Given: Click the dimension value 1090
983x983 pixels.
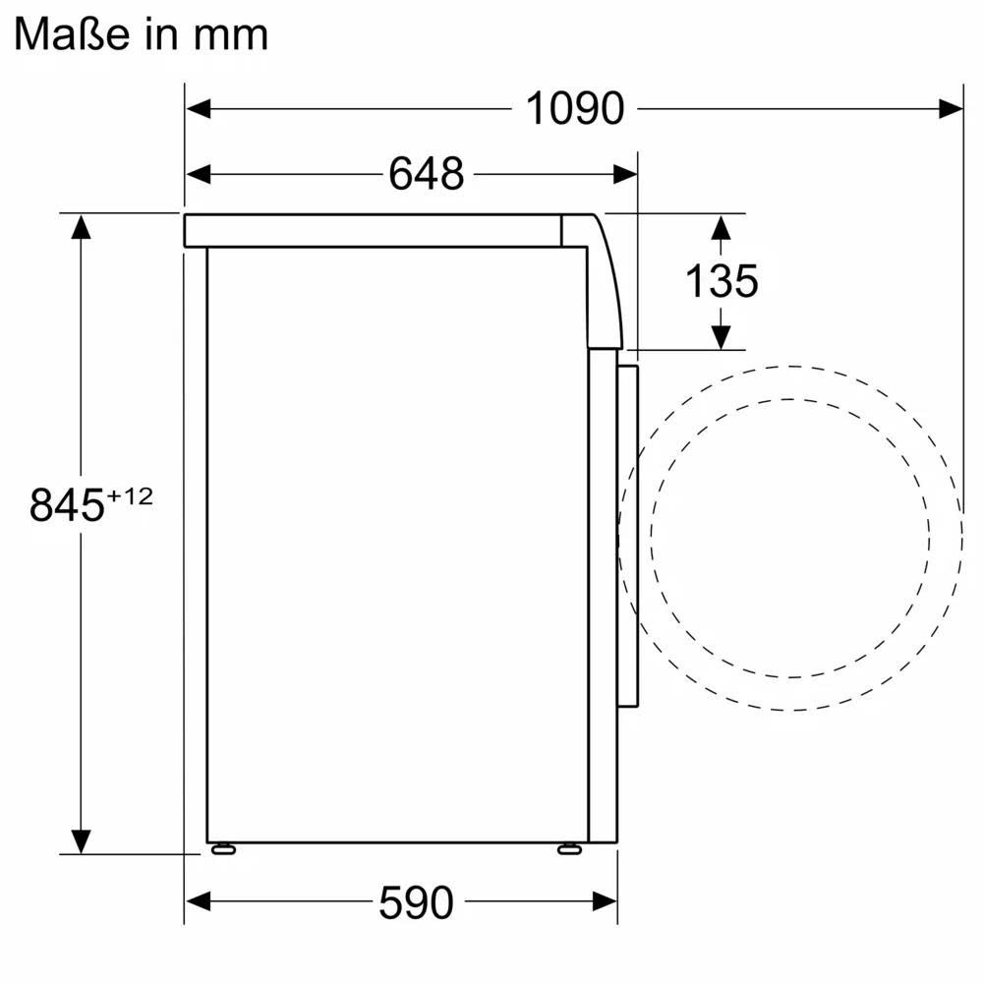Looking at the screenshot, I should coord(575,108).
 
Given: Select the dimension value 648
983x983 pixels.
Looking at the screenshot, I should coord(426,174).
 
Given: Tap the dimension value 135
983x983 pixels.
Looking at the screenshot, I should coord(722,281).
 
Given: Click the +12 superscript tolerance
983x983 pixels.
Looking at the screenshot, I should coord(130,496).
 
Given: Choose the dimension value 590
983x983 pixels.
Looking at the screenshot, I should coord(416,901).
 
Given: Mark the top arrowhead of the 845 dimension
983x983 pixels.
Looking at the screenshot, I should coord(81,227).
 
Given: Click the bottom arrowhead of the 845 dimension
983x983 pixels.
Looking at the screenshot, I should coord(81,840).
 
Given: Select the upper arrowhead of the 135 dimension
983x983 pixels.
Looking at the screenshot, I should coord(721,228).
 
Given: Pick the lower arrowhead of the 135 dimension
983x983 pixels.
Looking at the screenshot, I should coord(721,336).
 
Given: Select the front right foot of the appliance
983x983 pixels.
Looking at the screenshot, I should coord(569,848).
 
